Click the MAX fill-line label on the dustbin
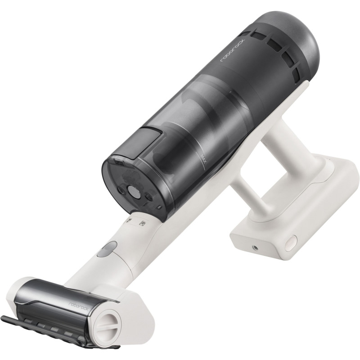click(203, 158)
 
